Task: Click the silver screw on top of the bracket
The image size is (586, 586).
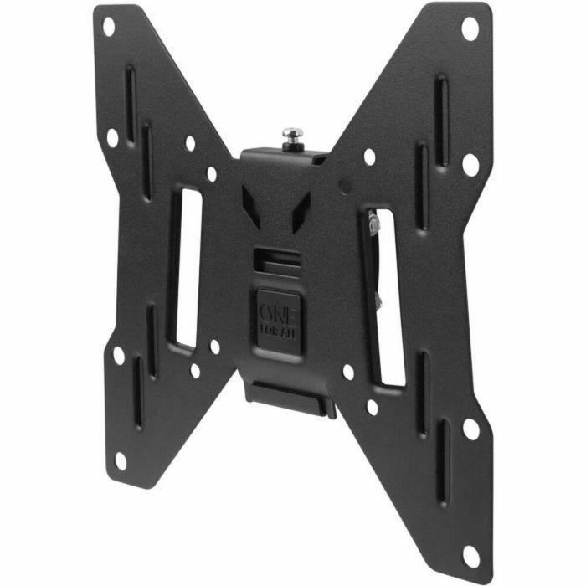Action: (x=292, y=136)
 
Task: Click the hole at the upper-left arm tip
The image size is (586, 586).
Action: (x=108, y=26)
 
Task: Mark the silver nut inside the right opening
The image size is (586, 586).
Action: (x=372, y=224)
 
